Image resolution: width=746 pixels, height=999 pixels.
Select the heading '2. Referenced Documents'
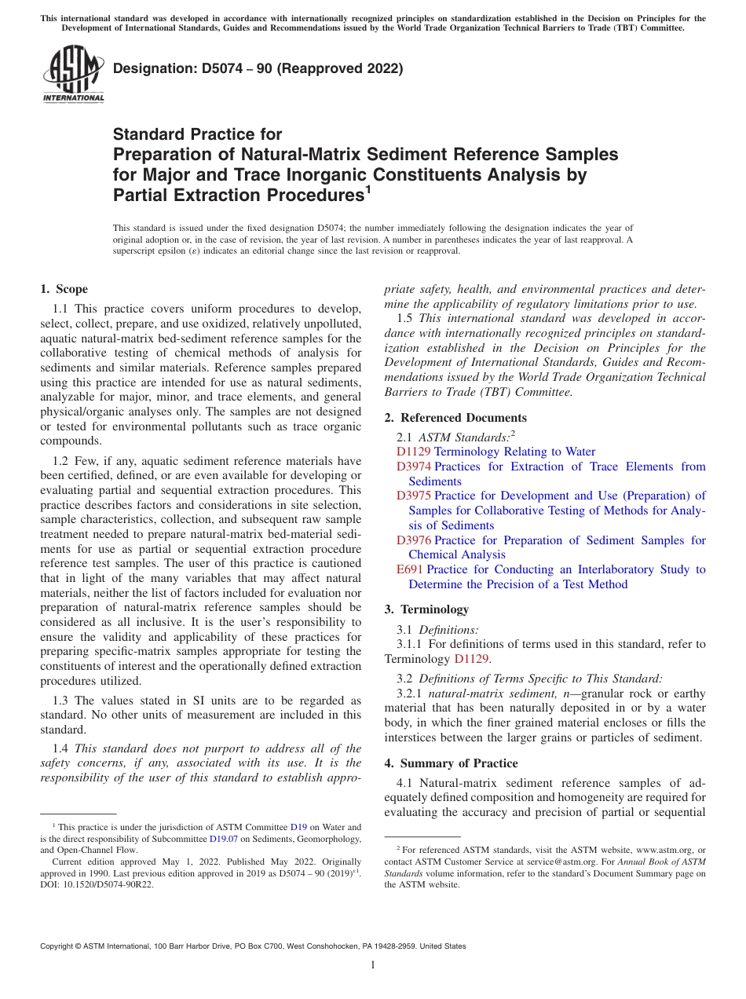(455, 417)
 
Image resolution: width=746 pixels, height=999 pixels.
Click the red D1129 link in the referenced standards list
(413, 452)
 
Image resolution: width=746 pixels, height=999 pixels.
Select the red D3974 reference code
(413, 467)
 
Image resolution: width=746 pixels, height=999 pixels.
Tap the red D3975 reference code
(413, 496)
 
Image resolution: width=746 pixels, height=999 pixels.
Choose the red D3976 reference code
(413, 540)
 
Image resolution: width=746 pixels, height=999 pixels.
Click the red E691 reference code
(410, 569)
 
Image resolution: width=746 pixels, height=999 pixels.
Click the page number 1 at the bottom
(373, 965)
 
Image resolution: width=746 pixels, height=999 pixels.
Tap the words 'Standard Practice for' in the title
(197, 134)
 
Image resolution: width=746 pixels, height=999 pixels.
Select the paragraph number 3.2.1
(410, 693)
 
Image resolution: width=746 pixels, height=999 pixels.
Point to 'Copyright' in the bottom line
(60, 946)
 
